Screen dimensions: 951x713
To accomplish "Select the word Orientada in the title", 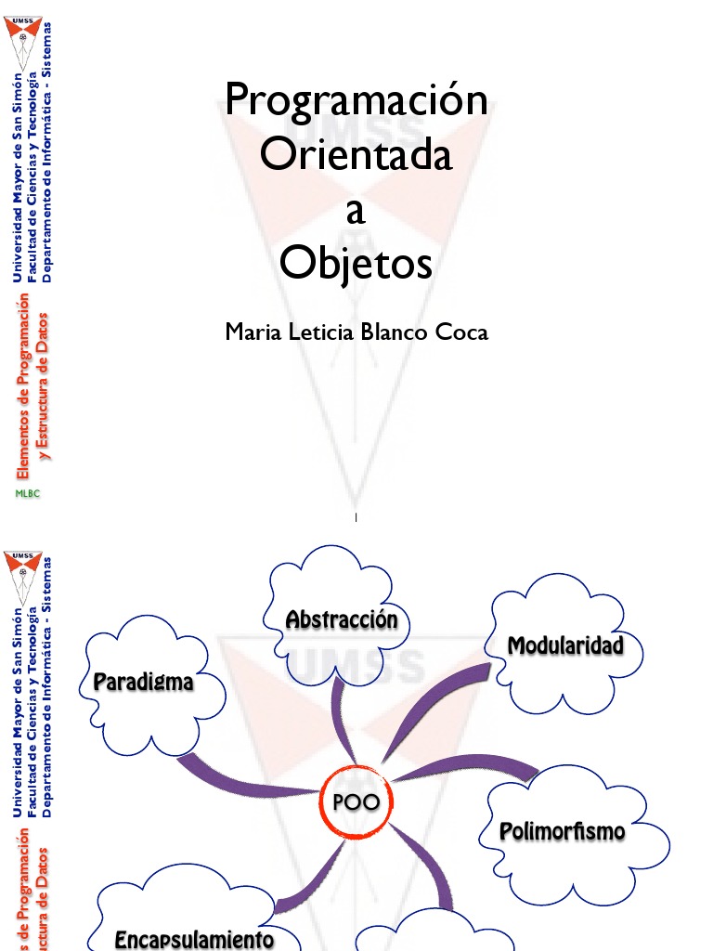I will pyautogui.click(x=356, y=155).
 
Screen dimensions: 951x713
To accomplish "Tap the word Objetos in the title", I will pyautogui.click(x=356, y=265).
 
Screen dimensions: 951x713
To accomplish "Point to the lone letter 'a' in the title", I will pyautogui.click(x=356, y=212).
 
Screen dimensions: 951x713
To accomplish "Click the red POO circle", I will pyautogui.click(x=356, y=802).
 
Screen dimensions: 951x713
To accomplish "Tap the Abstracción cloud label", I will pyautogui.click(x=342, y=619).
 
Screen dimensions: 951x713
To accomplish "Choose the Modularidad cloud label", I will pyautogui.click(x=564, y=645).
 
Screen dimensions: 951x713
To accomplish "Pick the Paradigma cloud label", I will pyautogui.click(x=144, y=682).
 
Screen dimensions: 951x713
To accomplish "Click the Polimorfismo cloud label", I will pyautogui.click(x=563, y=830).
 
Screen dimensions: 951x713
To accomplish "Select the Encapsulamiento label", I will pyautogui.click(x=194, y=939).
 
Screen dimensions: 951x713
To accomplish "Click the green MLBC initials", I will pyautogui.click(x=27, y=494).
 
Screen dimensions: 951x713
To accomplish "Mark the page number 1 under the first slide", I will pyautogui.click(x=356, y=516).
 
